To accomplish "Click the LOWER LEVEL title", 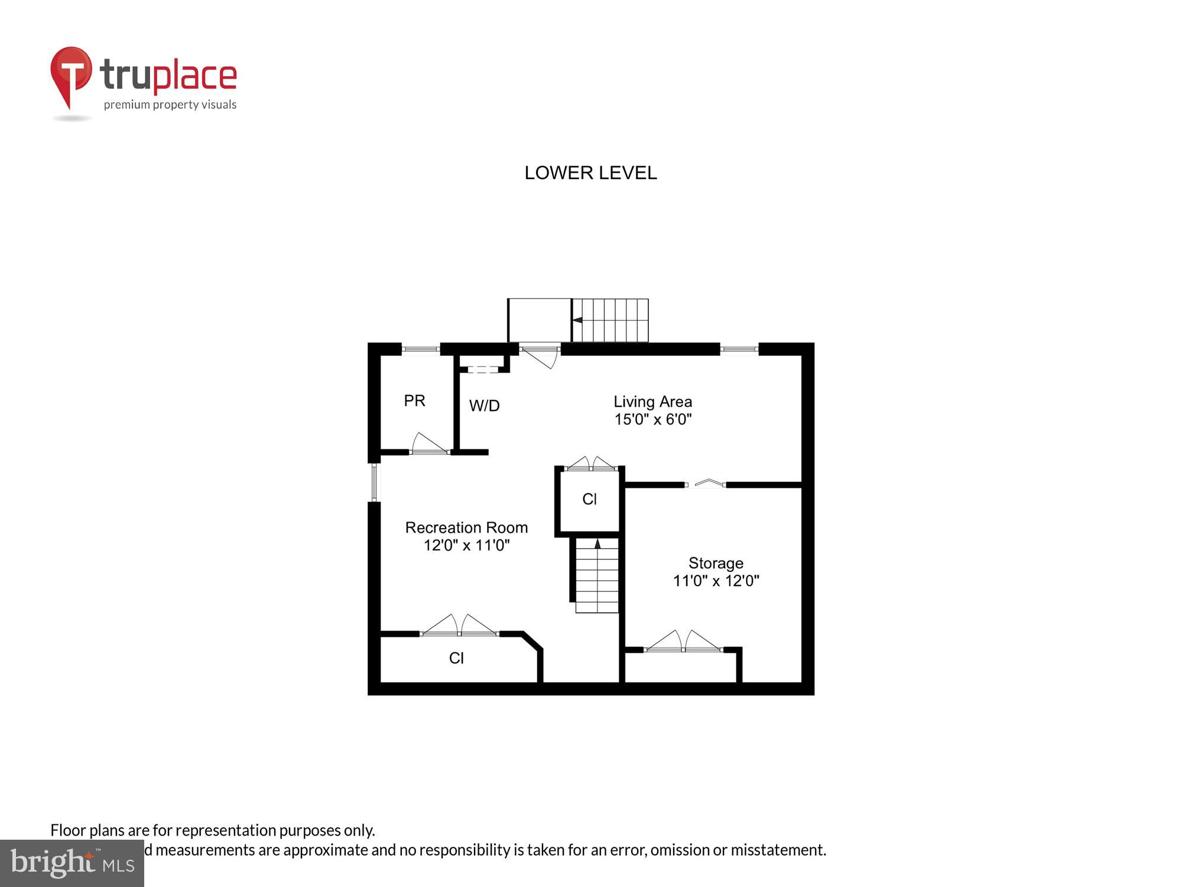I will tap(590, 173).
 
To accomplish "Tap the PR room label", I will tap(414, 401).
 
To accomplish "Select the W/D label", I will tap(484, 406).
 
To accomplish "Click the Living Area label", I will tap(652, 402).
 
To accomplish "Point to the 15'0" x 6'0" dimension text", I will tap(652, 419).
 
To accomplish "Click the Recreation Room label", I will tap(466, 527).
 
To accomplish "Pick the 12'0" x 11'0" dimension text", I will tap(466, 545).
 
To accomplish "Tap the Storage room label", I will tap(716, 563).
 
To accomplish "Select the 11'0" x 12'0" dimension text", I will tap(716, 581).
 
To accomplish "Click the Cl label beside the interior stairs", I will tap(589, 500).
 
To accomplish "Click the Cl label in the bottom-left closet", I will tap(456, 658).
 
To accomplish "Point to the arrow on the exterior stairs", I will tap(577, 320).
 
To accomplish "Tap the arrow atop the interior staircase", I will tap(598, 543).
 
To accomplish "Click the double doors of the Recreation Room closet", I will tap(460, 626).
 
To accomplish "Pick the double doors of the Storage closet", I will tap(683, 642).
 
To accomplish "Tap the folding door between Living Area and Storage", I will tap(705, 484).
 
